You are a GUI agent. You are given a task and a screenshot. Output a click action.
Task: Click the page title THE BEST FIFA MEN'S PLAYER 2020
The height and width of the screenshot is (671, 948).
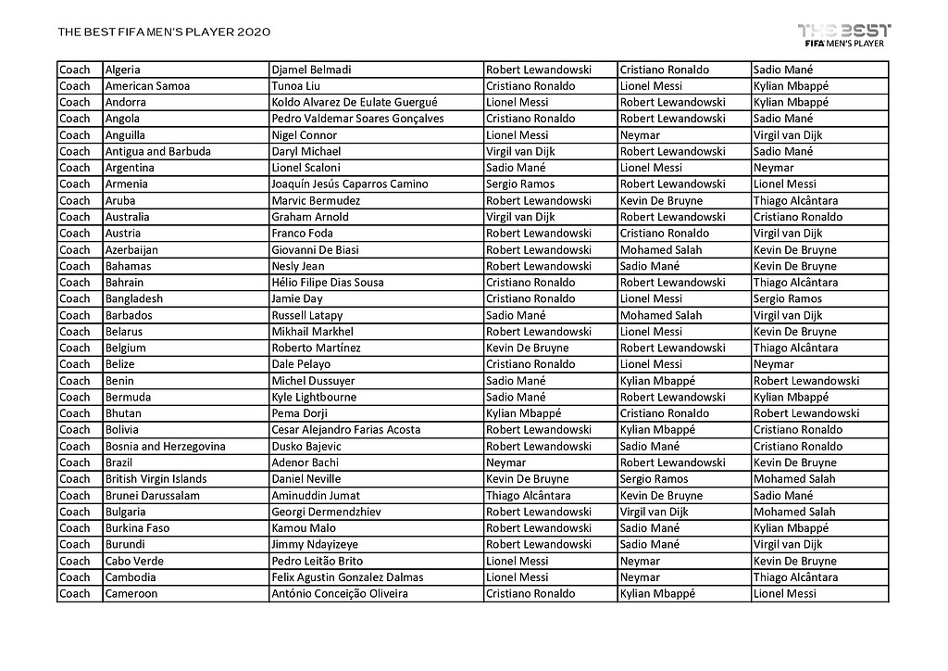point(164,32)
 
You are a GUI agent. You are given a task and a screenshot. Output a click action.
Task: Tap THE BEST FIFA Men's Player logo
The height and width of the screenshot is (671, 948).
point(844,34)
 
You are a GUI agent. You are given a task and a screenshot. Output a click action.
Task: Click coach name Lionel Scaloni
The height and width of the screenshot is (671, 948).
point(306,168)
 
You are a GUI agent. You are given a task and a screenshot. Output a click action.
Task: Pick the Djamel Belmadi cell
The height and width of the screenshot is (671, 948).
point(311,70)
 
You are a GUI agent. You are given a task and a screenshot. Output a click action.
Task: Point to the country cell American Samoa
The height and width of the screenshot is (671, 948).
point(147,86)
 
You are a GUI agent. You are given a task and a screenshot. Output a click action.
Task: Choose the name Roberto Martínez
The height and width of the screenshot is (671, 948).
point(317,348)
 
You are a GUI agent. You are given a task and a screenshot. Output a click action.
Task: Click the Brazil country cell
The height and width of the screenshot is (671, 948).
point(119,462)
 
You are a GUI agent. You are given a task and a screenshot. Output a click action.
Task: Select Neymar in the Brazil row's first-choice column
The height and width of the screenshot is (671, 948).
point(505,462)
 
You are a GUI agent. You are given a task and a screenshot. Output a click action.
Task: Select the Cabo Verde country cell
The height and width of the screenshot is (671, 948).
point(131,561)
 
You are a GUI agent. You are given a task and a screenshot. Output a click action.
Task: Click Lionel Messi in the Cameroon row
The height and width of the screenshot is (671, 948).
point(785,594)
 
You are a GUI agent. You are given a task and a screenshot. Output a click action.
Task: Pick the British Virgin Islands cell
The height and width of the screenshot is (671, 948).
point(156,479)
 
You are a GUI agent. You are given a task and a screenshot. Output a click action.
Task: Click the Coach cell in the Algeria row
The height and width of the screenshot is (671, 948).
point(75,70)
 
